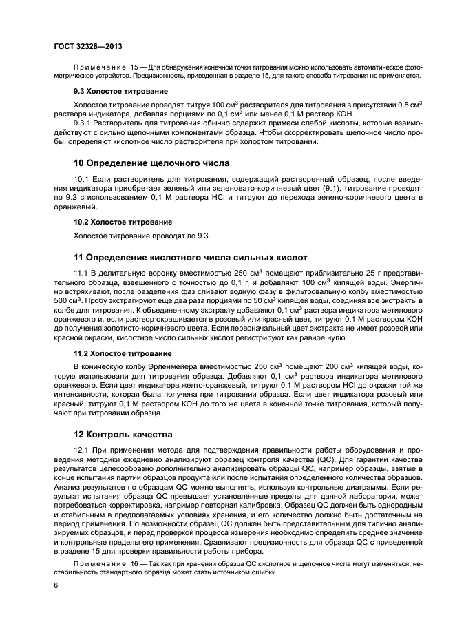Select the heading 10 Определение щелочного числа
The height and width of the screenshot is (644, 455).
151,163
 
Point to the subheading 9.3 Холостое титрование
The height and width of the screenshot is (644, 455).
120,91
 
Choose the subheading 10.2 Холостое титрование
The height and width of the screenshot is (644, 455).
123,222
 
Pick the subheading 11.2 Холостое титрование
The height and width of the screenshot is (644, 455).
123,352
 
